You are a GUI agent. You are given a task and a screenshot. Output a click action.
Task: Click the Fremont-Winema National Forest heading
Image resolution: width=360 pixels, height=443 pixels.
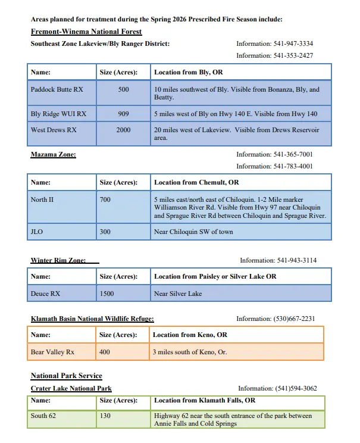[86, 31]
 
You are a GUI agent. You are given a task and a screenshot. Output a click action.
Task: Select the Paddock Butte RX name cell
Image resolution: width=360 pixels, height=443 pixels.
[57, 90]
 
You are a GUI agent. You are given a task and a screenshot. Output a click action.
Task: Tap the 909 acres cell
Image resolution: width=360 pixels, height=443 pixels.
[123, 114]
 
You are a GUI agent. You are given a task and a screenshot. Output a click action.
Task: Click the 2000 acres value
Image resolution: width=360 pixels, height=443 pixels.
[123, 130]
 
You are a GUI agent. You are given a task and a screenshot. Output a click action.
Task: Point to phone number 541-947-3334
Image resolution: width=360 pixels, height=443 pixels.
[274, 44]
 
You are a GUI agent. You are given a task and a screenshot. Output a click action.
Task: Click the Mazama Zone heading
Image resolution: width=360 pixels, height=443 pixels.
[53, 155]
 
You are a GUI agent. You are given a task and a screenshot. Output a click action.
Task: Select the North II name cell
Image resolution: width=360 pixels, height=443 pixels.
[42, 199]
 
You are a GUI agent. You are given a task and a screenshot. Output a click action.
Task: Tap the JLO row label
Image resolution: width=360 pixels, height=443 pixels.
[37, 232]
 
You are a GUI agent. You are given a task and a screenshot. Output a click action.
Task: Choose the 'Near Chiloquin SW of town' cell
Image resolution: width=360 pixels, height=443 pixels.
[193, 232]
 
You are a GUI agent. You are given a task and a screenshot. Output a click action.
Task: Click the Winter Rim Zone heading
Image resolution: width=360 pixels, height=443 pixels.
[58, 260]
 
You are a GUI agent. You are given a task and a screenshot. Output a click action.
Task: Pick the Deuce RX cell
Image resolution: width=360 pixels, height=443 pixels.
[45, 294]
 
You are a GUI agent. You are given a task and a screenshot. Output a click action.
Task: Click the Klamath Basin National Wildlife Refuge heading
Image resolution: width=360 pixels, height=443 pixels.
[92, 319]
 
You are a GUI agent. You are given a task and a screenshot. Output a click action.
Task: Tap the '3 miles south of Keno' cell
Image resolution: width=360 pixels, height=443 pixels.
[190, 352]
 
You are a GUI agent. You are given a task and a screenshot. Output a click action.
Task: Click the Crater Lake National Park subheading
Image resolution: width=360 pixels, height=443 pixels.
[71, 388]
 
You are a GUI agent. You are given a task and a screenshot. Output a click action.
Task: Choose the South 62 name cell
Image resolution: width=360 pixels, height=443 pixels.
[43, 416]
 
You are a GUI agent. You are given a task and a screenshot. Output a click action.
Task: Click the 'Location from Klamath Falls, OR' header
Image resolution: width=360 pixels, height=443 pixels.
[205, 401]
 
